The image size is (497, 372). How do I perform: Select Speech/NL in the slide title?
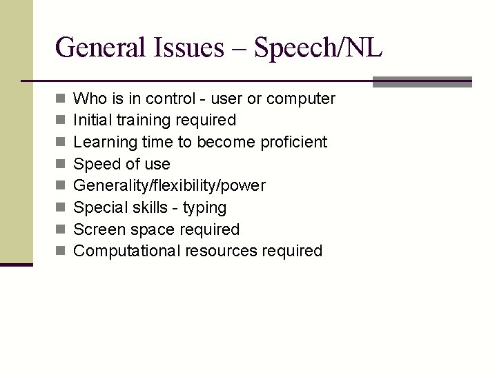point(318,48)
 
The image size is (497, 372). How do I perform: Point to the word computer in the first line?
point(301,99)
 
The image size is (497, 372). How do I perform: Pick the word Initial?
point(92,121)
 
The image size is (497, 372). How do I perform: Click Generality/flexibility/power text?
point(169,186)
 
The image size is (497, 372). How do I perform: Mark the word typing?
point(204,208)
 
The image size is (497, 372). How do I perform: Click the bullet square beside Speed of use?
point(61,165)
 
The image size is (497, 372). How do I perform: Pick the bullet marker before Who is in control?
point(61,99)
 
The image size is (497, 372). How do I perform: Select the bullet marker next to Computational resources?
point(61,251)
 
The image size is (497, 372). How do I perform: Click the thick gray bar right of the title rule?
point(422,82)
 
